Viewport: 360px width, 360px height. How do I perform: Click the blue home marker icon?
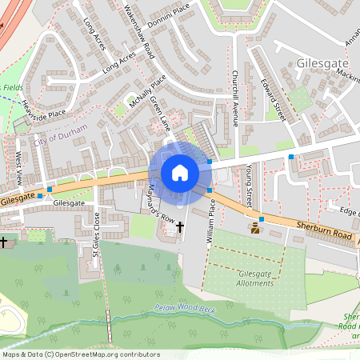(179, 173)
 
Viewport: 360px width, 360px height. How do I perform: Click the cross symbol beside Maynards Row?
(179, 227)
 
